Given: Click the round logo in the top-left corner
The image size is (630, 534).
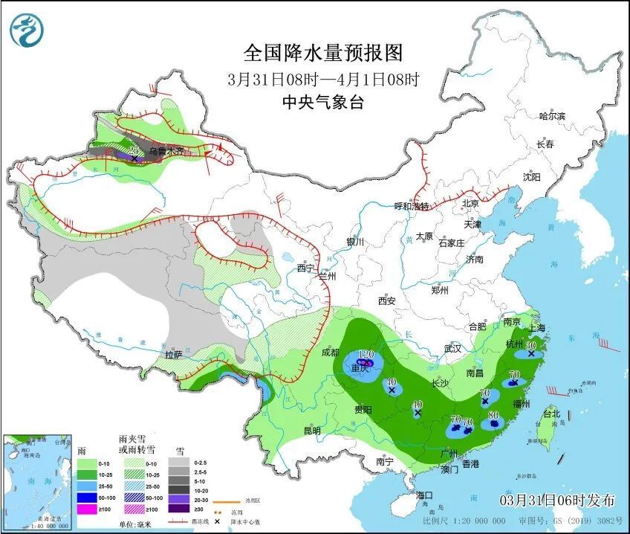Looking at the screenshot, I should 27,30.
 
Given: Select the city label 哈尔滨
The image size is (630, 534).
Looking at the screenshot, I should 552,116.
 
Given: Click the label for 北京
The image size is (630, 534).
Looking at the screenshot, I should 470,204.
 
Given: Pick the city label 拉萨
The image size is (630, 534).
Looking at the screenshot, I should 175,355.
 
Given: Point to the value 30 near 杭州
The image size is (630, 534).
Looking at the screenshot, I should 531,345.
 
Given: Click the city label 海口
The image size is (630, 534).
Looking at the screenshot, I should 424,495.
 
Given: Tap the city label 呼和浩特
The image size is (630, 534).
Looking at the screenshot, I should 411,206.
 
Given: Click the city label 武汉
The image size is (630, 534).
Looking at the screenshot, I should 452,348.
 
